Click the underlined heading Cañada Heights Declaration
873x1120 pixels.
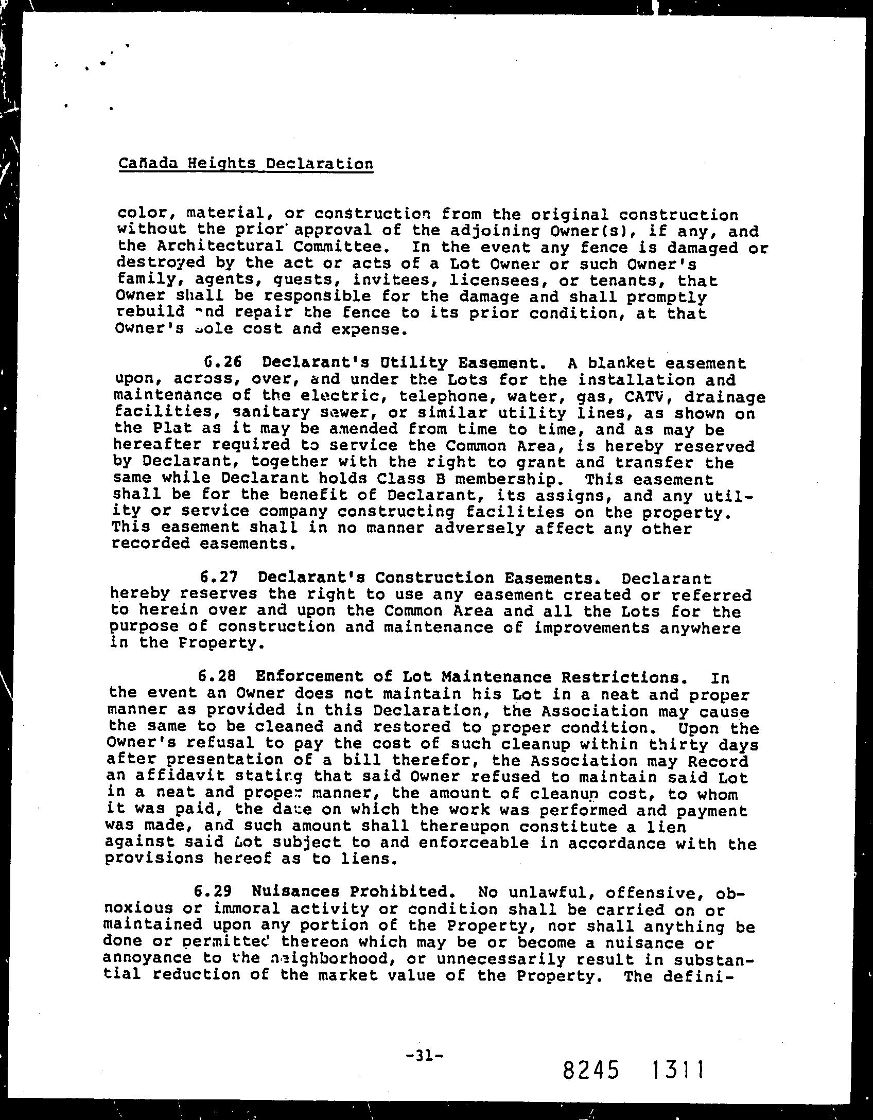246,164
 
